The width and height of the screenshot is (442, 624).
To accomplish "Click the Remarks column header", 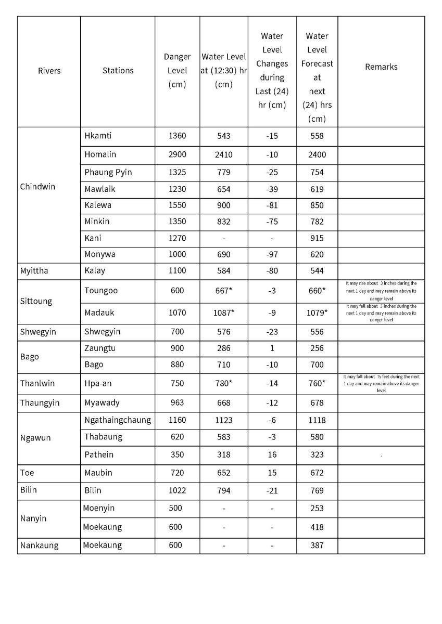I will coord(381,67).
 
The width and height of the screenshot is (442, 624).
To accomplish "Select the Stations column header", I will coord(118,71).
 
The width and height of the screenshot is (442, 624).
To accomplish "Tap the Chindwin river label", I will coord(37,187).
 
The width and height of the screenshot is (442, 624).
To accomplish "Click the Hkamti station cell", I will coord(98,136).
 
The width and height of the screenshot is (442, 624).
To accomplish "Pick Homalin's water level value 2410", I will coord(223,154).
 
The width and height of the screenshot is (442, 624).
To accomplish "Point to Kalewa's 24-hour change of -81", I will coord(272,205).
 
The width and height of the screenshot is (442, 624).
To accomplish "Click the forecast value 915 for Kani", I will coord(317,238).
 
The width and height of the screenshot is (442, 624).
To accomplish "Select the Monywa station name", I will coord(100,254).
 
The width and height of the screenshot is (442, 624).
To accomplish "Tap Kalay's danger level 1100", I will coord(177,270).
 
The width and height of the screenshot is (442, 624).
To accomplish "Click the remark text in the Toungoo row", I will coord(381,290).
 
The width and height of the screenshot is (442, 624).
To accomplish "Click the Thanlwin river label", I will coord(37,384).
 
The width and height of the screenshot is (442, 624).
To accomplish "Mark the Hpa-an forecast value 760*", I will coord(317,384).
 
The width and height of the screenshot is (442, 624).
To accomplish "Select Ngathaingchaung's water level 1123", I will coord(223,420).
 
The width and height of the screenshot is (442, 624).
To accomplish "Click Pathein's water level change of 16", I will coord(272,454).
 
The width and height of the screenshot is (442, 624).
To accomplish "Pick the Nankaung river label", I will coord(39,545).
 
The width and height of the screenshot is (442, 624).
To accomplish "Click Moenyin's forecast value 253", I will coord(317,509).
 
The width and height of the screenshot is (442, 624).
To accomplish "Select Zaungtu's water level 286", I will coord(223,348).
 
